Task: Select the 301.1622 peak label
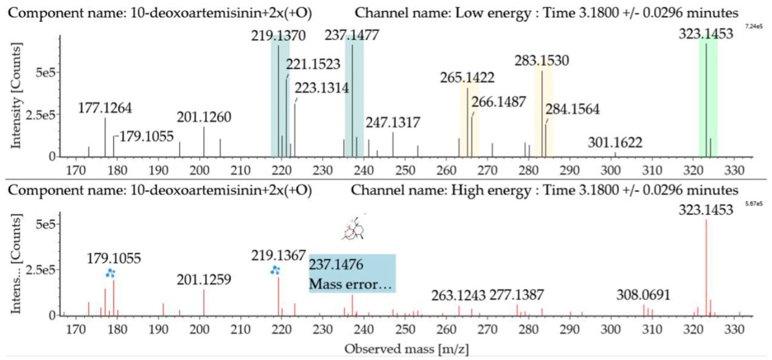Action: pos(615,143)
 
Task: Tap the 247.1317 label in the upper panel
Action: pos(393,123)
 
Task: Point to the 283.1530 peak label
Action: pos(542,61)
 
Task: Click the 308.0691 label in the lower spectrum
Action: pos(643,295)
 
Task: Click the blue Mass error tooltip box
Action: pos(352,273)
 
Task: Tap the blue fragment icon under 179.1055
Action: pos(110,273)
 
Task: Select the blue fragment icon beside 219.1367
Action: pos(274,270)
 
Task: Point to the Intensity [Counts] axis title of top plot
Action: pos(16,96)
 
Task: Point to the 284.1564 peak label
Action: pos(572,109)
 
